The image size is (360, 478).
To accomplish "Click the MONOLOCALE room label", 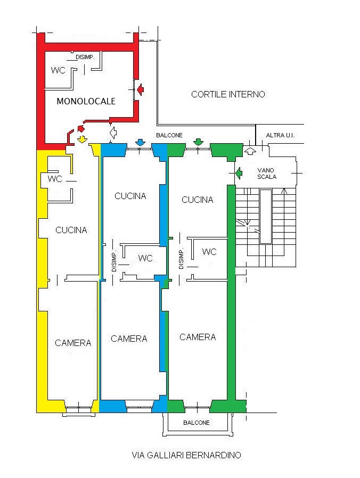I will [x=86, y=101].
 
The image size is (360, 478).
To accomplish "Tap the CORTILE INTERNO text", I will [x=228, y=94].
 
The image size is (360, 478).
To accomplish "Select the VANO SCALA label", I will [x=267, y=173].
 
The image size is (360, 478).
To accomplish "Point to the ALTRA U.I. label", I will [x=280, y=136].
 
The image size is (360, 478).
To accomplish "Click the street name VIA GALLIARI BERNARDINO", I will [x=186, y=455].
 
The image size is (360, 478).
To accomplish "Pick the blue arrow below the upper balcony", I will [x=140, y=142].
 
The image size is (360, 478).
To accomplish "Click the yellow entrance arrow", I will [x=81, y=139].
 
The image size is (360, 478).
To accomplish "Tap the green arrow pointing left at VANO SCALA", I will [x=238, y=172].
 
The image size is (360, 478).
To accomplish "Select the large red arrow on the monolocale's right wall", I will [x=140, y=89].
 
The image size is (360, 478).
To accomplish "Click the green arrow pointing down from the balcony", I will [x=198, y=142].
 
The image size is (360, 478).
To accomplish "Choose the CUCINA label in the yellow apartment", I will [x=71, y=230].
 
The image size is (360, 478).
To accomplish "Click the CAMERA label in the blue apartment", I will [x=129, y=339].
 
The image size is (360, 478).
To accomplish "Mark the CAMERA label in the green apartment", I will [x=198, y=337].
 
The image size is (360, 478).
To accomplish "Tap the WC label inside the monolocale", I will [x=58, y=70].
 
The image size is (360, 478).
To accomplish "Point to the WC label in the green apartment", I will [x=209, y=251].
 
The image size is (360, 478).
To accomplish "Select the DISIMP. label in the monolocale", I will [x=85, y=57].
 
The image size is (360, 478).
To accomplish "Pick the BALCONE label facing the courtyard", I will [x=169, y=135].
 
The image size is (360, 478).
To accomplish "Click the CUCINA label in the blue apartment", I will [x=130, y=196].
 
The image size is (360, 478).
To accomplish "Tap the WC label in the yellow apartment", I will [x=55, y=178].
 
